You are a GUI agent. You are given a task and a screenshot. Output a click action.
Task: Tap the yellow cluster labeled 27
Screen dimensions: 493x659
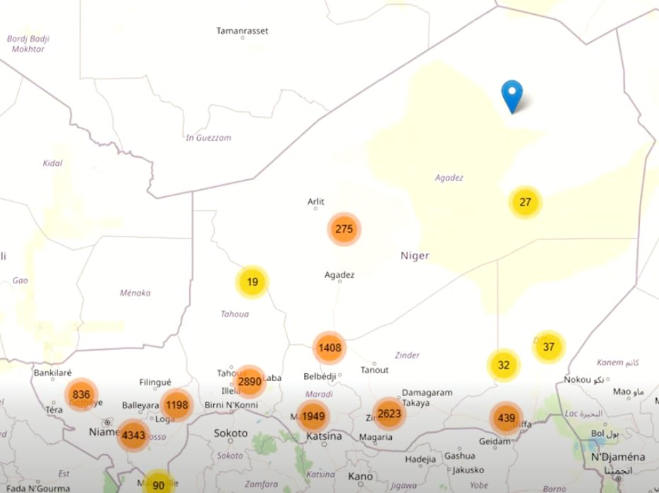tap(525, 203)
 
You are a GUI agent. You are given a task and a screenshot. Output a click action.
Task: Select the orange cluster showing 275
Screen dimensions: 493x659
tap(344, 229)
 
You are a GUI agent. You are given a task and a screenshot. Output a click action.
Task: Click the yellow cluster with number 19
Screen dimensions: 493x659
tap(252, 282)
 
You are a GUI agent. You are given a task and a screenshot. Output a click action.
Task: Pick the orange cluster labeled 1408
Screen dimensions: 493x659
tap(329, 348)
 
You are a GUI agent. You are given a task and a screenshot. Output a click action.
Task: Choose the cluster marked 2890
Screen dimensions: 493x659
tap(249, 381)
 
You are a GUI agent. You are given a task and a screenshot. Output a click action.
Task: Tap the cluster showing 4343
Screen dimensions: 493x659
tap(133, 434)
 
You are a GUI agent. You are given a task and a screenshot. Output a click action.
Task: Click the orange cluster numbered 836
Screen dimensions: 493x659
tap(81, 395)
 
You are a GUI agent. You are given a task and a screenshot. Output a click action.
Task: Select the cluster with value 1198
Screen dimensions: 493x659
tap(176, 405)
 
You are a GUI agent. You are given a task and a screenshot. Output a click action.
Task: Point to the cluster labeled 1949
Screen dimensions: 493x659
tap(312, 416)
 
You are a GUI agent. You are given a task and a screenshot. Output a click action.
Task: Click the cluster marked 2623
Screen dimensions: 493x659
tap(389, 414)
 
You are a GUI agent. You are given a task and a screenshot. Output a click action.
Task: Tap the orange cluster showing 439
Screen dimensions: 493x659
tap(506, 418)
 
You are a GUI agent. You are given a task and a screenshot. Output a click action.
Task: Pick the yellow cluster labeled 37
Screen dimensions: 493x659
tap(548, 346)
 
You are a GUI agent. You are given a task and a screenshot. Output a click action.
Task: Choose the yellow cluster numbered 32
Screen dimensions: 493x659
tap(504, 365)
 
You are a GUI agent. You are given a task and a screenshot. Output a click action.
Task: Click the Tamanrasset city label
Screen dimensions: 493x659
tap(242, 31)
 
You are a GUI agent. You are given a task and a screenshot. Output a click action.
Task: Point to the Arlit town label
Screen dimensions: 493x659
tap(316, 202)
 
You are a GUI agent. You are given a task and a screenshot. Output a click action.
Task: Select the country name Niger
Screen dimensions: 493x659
tap(415, 256)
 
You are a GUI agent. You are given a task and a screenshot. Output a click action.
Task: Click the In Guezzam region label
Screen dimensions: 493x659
tap(208, 137)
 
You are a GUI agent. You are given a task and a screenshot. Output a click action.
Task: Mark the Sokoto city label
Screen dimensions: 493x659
tap(231, 433)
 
